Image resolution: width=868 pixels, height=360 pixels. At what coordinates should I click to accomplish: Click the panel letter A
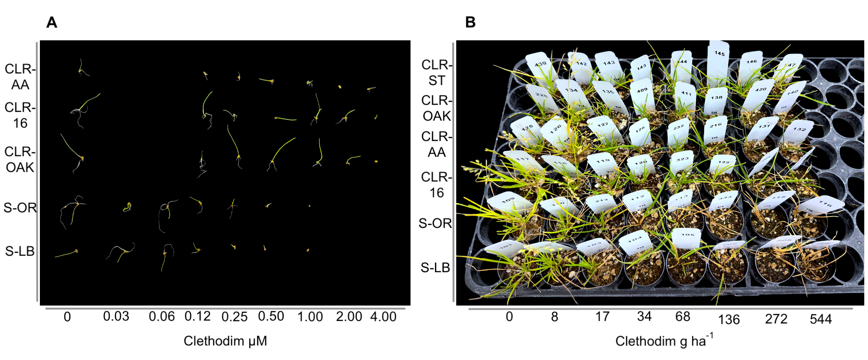[x=52, y=22]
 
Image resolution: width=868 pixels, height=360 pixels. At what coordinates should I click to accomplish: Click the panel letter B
[x=470, y=22]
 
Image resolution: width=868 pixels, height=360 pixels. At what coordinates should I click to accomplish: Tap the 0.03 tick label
[x=116, y=317]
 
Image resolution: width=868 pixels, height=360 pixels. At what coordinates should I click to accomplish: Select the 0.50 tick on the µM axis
[x=271, y=316]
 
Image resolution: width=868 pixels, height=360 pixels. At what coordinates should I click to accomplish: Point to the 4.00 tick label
[x=383, y=317]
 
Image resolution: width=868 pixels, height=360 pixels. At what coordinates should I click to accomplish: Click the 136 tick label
[x=729, y=319]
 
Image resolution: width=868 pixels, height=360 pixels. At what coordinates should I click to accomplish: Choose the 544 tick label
[x=821, y=319]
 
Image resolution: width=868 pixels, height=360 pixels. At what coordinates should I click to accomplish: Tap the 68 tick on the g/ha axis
[x=683, y=317]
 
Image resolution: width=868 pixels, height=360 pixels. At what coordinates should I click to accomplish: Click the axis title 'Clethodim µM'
[x=225, y=341]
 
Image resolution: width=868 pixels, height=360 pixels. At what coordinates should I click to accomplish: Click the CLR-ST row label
[x=436, y=73]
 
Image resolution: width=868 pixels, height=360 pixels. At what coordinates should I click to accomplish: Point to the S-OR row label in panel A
[x=20, y=207]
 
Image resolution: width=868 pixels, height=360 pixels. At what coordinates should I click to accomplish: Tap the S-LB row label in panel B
[x=435, y=268]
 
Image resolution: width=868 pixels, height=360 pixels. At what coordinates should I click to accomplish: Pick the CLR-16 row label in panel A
[x=20, y=115]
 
